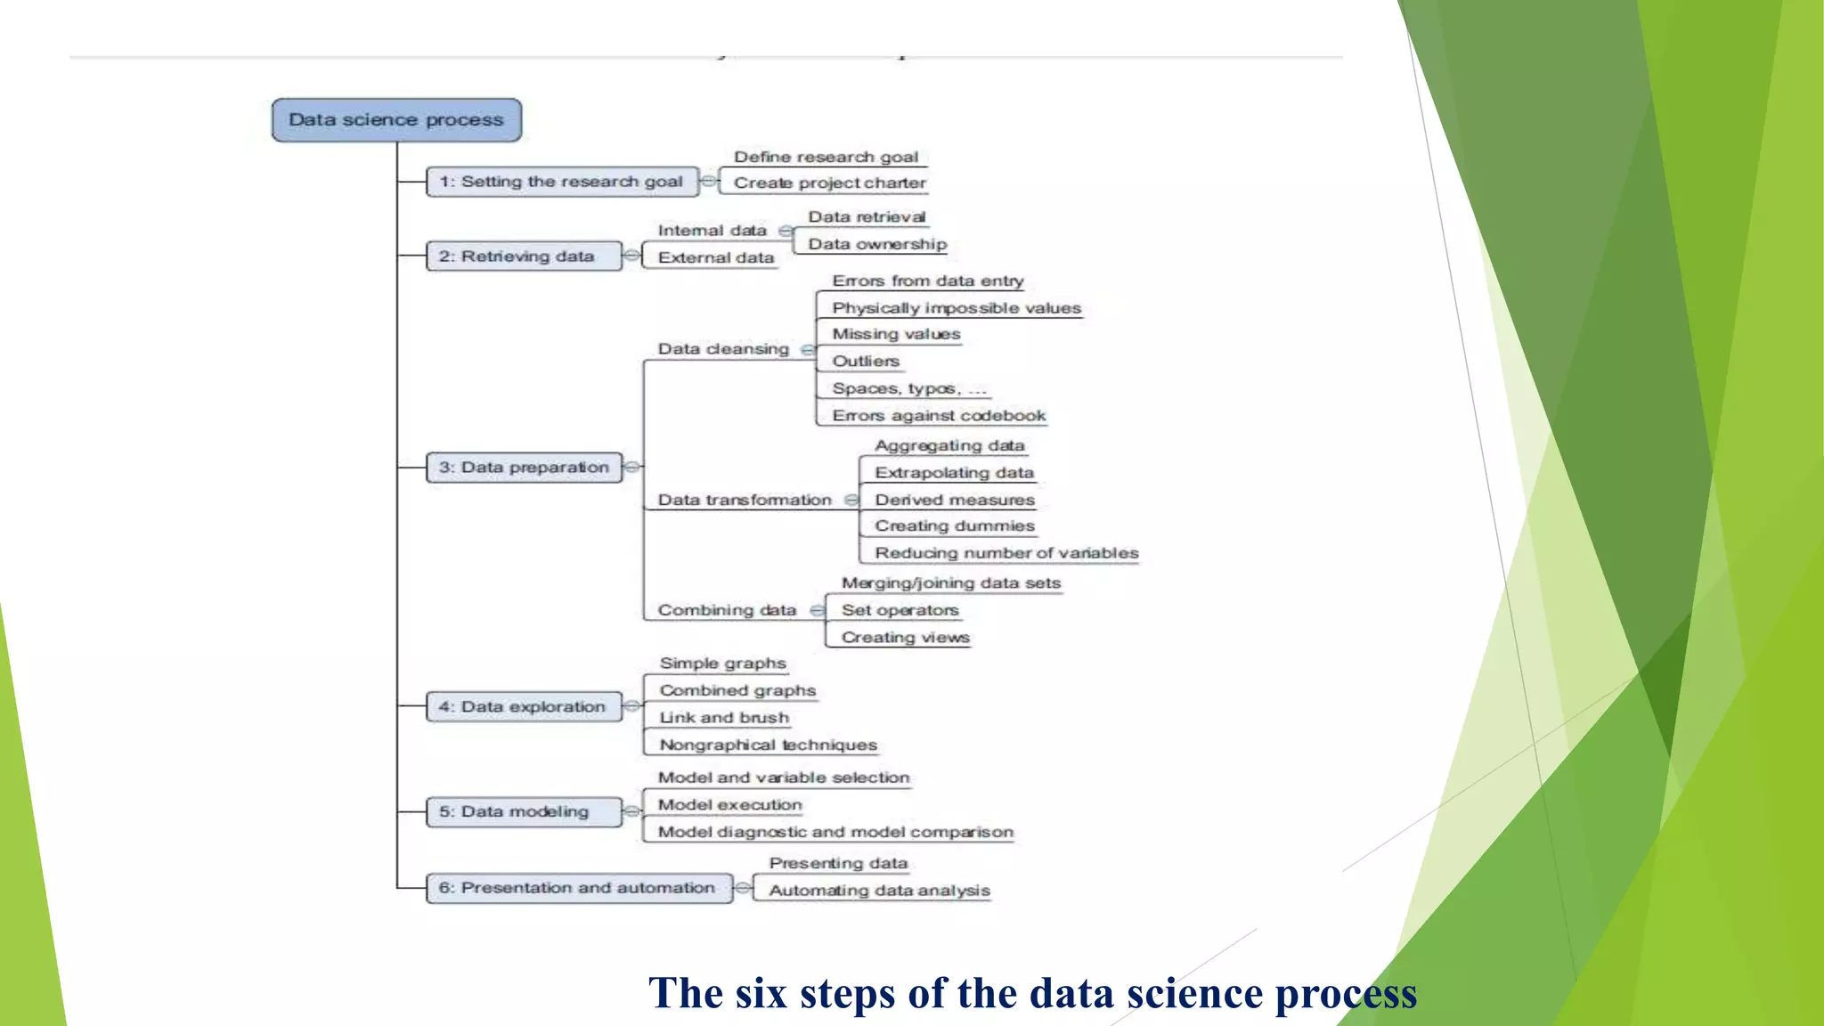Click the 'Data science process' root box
point(396,120)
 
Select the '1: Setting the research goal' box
point(562,182)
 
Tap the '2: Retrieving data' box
point(524,256)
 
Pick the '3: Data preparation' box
point(524,468)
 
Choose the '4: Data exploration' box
point(524,707)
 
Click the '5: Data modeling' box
point(524,812)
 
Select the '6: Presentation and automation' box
point(579,888)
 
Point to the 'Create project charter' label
point(829,183)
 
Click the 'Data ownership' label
point(876,244)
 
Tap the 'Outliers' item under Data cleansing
point(865,361)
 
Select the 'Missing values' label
point(896,334)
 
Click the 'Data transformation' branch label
point(745,500)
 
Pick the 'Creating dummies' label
point(954,525)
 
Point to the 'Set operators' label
point(900,610)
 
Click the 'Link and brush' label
point(724,717)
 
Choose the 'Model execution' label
point(729,804)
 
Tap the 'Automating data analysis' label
point(879,891)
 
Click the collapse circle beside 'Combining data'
point(818,610)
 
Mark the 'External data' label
point(715,257)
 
